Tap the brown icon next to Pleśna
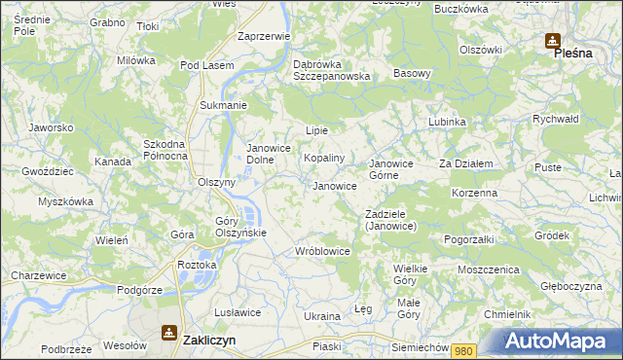point(552,41)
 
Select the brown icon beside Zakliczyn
point(169,333)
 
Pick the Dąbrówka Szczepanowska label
point(332,70)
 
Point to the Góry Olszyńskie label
point(234,227)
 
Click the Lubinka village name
point(447,122)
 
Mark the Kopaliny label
point(324,158)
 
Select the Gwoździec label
point(47,170)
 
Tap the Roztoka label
point(197,265)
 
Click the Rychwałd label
point(556,119)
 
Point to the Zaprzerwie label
point(264,36)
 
